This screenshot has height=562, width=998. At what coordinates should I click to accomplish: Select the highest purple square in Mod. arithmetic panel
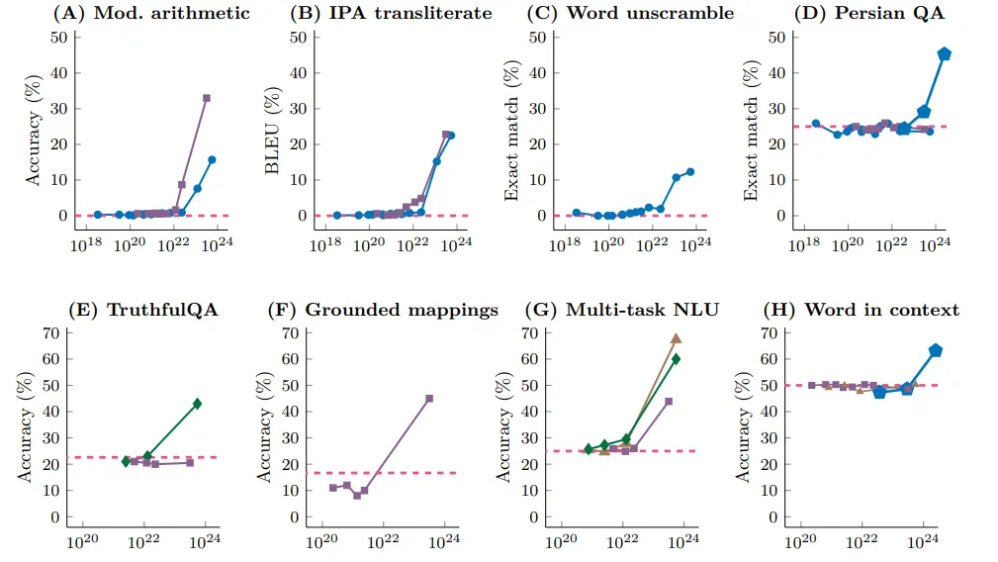207,98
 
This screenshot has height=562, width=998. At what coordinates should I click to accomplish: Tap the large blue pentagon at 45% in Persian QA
944,54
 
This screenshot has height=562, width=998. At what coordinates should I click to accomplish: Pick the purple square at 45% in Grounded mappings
429,399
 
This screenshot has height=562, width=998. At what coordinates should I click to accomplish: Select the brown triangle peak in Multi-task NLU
676,338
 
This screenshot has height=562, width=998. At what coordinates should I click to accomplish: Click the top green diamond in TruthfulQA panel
197,404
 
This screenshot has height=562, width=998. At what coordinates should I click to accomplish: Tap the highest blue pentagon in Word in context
936,350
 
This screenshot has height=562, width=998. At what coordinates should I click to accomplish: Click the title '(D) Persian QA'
866,13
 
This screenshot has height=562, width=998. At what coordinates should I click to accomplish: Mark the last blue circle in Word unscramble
690,171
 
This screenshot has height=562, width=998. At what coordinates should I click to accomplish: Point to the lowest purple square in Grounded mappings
356,495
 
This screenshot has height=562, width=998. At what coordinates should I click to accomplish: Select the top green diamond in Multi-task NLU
676,359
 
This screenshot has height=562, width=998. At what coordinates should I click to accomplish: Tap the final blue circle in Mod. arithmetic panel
212,159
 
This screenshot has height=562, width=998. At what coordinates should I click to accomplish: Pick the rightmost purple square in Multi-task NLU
669,401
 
